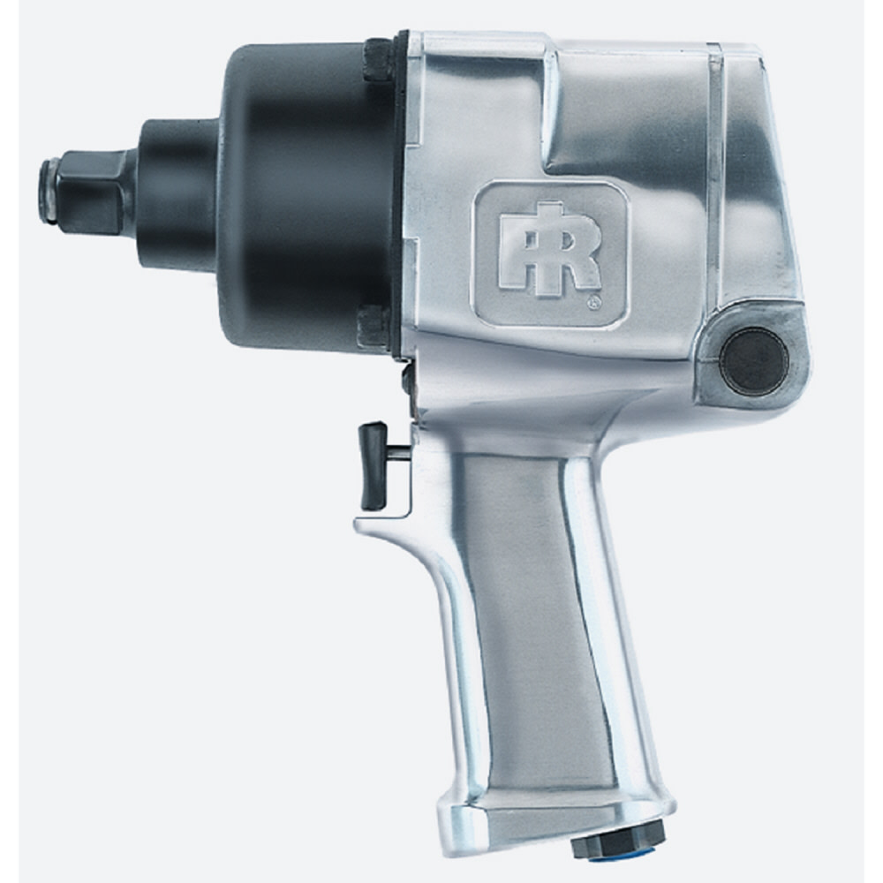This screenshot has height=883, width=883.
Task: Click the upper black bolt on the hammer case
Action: click(378, 59)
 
